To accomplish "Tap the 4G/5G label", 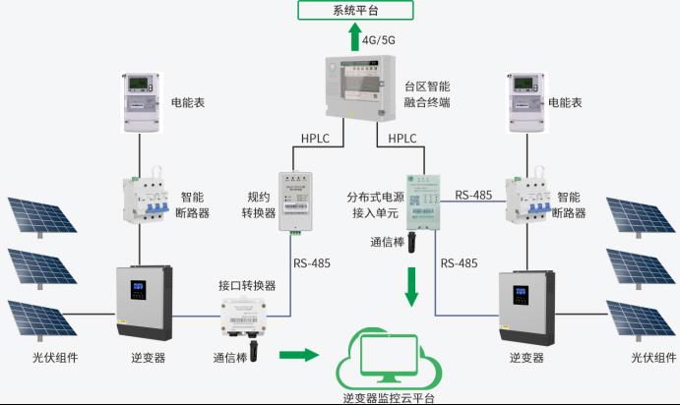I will point(378,42).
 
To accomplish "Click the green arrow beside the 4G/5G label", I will point(353,38).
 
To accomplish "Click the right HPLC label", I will point(403,139).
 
